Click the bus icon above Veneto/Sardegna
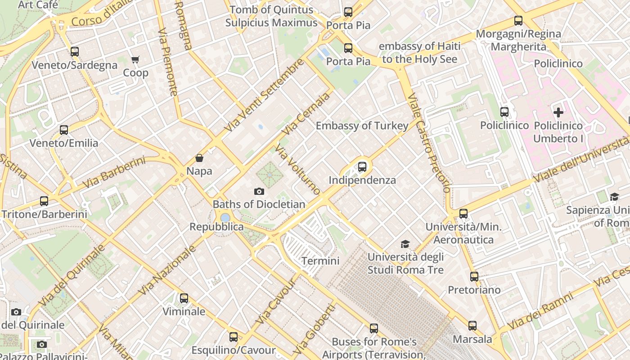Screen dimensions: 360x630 pos(75,52)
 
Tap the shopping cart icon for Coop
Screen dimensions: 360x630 pos(135,59)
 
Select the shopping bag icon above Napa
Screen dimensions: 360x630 pos(199,158)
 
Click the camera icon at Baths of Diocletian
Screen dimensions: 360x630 pos(259,191)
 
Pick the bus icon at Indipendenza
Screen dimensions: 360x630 pos(362,167)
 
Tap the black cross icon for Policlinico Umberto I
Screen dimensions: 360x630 pos(558,112)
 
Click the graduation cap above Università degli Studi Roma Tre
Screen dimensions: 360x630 pos(405,244)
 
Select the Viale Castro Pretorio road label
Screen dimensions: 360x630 pos(428,143)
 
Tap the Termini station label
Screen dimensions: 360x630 pos(320,261)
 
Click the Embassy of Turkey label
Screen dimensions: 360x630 pos(362,126)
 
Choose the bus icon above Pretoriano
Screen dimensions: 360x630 pos(474,277)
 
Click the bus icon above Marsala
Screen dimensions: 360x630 pos(472,326)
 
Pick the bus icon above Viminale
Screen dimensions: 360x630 pos(184,298)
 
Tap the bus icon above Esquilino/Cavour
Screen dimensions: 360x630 pos(233,337)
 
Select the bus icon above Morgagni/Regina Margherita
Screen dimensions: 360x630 pos(518,21)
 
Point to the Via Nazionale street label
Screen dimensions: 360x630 pos(167,270)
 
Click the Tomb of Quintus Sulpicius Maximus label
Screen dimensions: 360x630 pos(271,16)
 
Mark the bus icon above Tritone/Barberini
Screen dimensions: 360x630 pos(44,201)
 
